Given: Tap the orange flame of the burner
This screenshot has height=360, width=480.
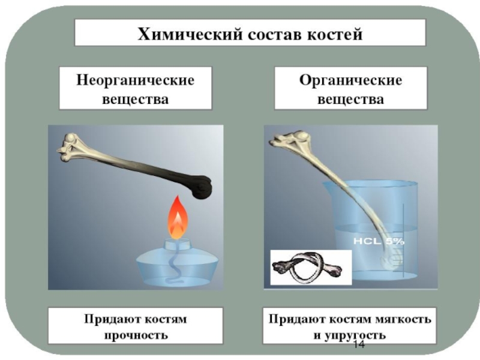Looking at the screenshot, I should (178, 218).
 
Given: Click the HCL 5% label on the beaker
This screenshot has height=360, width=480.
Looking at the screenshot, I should (379, 241).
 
